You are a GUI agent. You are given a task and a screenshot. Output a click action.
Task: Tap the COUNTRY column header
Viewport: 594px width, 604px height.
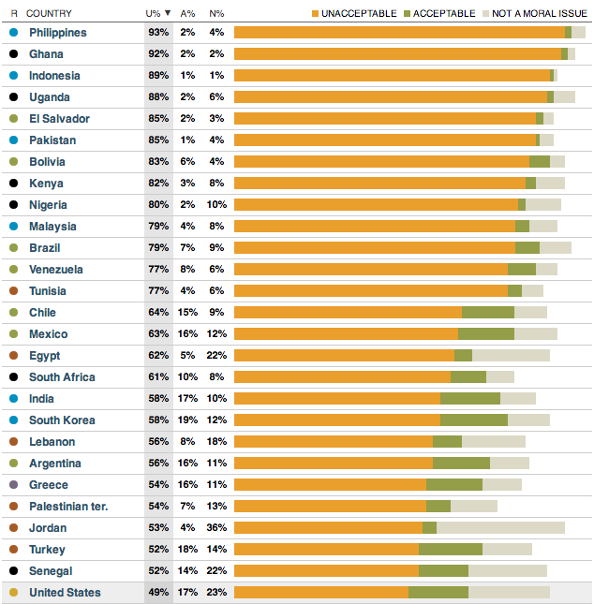point(49,13)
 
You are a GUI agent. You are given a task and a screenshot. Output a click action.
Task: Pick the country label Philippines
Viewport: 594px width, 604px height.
point(57,33)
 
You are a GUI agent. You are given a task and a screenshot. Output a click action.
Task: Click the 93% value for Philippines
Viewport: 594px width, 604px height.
point(158,33)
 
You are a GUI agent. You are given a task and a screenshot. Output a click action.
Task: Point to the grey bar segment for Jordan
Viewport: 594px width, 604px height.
point(500,528)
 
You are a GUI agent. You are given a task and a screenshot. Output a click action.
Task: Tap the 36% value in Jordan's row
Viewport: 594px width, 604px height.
point(216,528)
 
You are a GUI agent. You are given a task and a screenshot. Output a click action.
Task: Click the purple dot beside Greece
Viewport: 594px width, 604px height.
point(13,485)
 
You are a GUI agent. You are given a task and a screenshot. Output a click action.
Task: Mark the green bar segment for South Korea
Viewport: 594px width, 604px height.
point(473,420)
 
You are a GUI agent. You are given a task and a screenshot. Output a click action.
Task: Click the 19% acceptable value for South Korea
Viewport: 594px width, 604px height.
point(188,420)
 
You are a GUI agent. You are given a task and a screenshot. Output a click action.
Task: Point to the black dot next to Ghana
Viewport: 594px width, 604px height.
point(13,54)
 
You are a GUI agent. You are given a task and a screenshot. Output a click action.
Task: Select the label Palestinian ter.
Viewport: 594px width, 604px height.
point(68,507)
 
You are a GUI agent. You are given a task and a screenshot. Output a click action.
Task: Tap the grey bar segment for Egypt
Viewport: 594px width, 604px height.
point(511,356)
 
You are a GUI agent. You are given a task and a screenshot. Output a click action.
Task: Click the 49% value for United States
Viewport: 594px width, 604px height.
point(158,593)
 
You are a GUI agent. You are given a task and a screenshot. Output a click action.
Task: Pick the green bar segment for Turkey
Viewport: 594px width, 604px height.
point(450,550)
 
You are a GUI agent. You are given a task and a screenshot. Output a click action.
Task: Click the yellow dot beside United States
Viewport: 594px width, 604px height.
point(13,593)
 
